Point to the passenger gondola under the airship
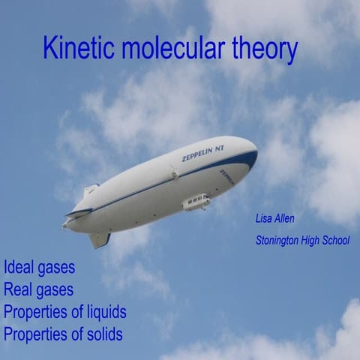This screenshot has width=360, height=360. (196, 202)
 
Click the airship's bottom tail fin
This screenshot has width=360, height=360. (99, 239)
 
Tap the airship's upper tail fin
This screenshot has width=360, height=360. (91, 190)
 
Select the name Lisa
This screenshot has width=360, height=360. (265, 219)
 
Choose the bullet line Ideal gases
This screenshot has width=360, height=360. (39, 267)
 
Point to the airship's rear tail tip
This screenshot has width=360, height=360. (64, 222)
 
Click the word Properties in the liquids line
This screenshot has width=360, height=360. (34, 312)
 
